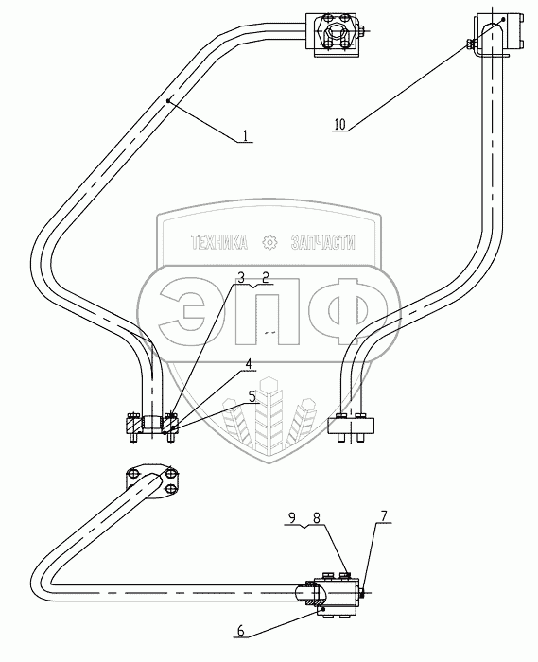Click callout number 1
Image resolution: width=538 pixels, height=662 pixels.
pyautogui.click(x=245, y=135)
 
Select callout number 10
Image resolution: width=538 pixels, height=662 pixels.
pyautogui.click(x=339, y=124)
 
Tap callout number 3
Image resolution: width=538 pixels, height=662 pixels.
pyautogui.click(x=241, y=278)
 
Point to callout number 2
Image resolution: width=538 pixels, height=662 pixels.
pyautogui.click(x=266, y=278)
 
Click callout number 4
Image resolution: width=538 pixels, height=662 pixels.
pyautogui.click(x=249, y=364)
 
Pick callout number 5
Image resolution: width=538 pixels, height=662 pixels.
pyautogui.click(x=252, y=396)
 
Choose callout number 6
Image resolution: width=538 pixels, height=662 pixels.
pyautogui.click(x=240, y=631)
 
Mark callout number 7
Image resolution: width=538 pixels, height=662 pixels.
pyautogui.click(x=384, y=515)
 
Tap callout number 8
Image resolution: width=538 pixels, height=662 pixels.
pyautogui.click(x=317, y=517)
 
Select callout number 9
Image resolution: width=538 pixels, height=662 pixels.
pyautogui.click(x=293, y=517)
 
